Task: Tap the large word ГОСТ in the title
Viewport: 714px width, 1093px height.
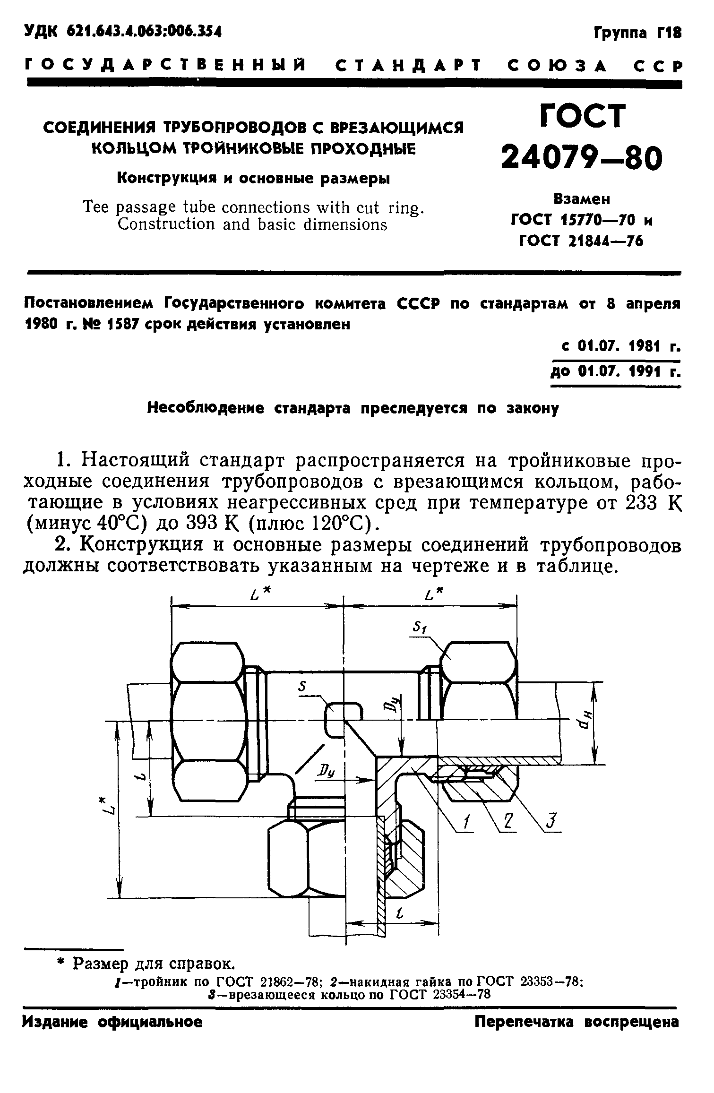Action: [582, 116]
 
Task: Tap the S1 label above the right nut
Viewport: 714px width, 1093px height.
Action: [419, 627]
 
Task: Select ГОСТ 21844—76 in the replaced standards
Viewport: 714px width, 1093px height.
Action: [581, 241]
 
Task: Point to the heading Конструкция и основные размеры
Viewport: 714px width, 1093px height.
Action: [253, 178]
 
